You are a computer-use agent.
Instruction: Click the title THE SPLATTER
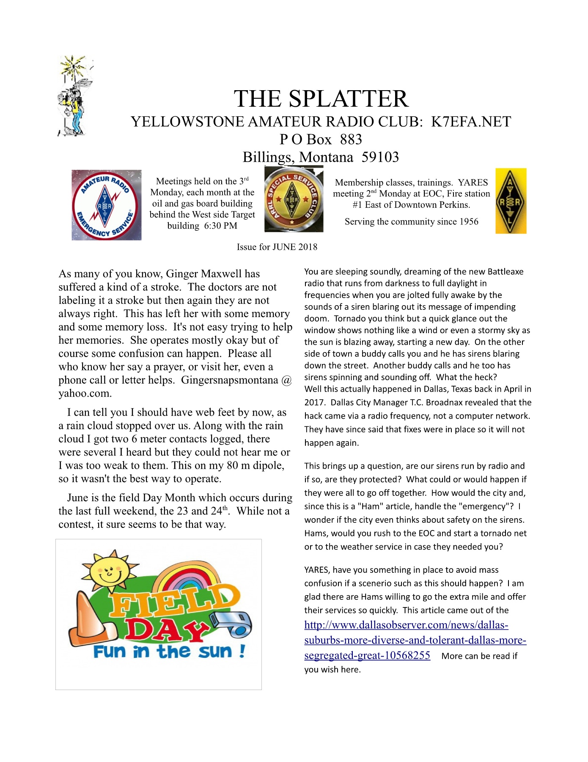click(x=321, y=99)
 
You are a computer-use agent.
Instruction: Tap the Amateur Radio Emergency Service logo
click(x=106, y=205)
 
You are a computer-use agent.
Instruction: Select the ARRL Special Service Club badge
click(x=294, y=199)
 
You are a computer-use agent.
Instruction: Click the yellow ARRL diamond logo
click(x=511, y=201)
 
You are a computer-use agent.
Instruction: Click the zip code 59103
click(x=380, y=157)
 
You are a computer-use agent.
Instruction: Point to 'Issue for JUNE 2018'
click(x=277, y=247)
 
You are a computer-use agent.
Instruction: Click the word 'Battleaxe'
click(x=505, y=272)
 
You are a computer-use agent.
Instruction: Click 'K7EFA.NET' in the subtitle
click(x=471, y=122)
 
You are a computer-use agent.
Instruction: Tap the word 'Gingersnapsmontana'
click(x=230, y=380)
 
